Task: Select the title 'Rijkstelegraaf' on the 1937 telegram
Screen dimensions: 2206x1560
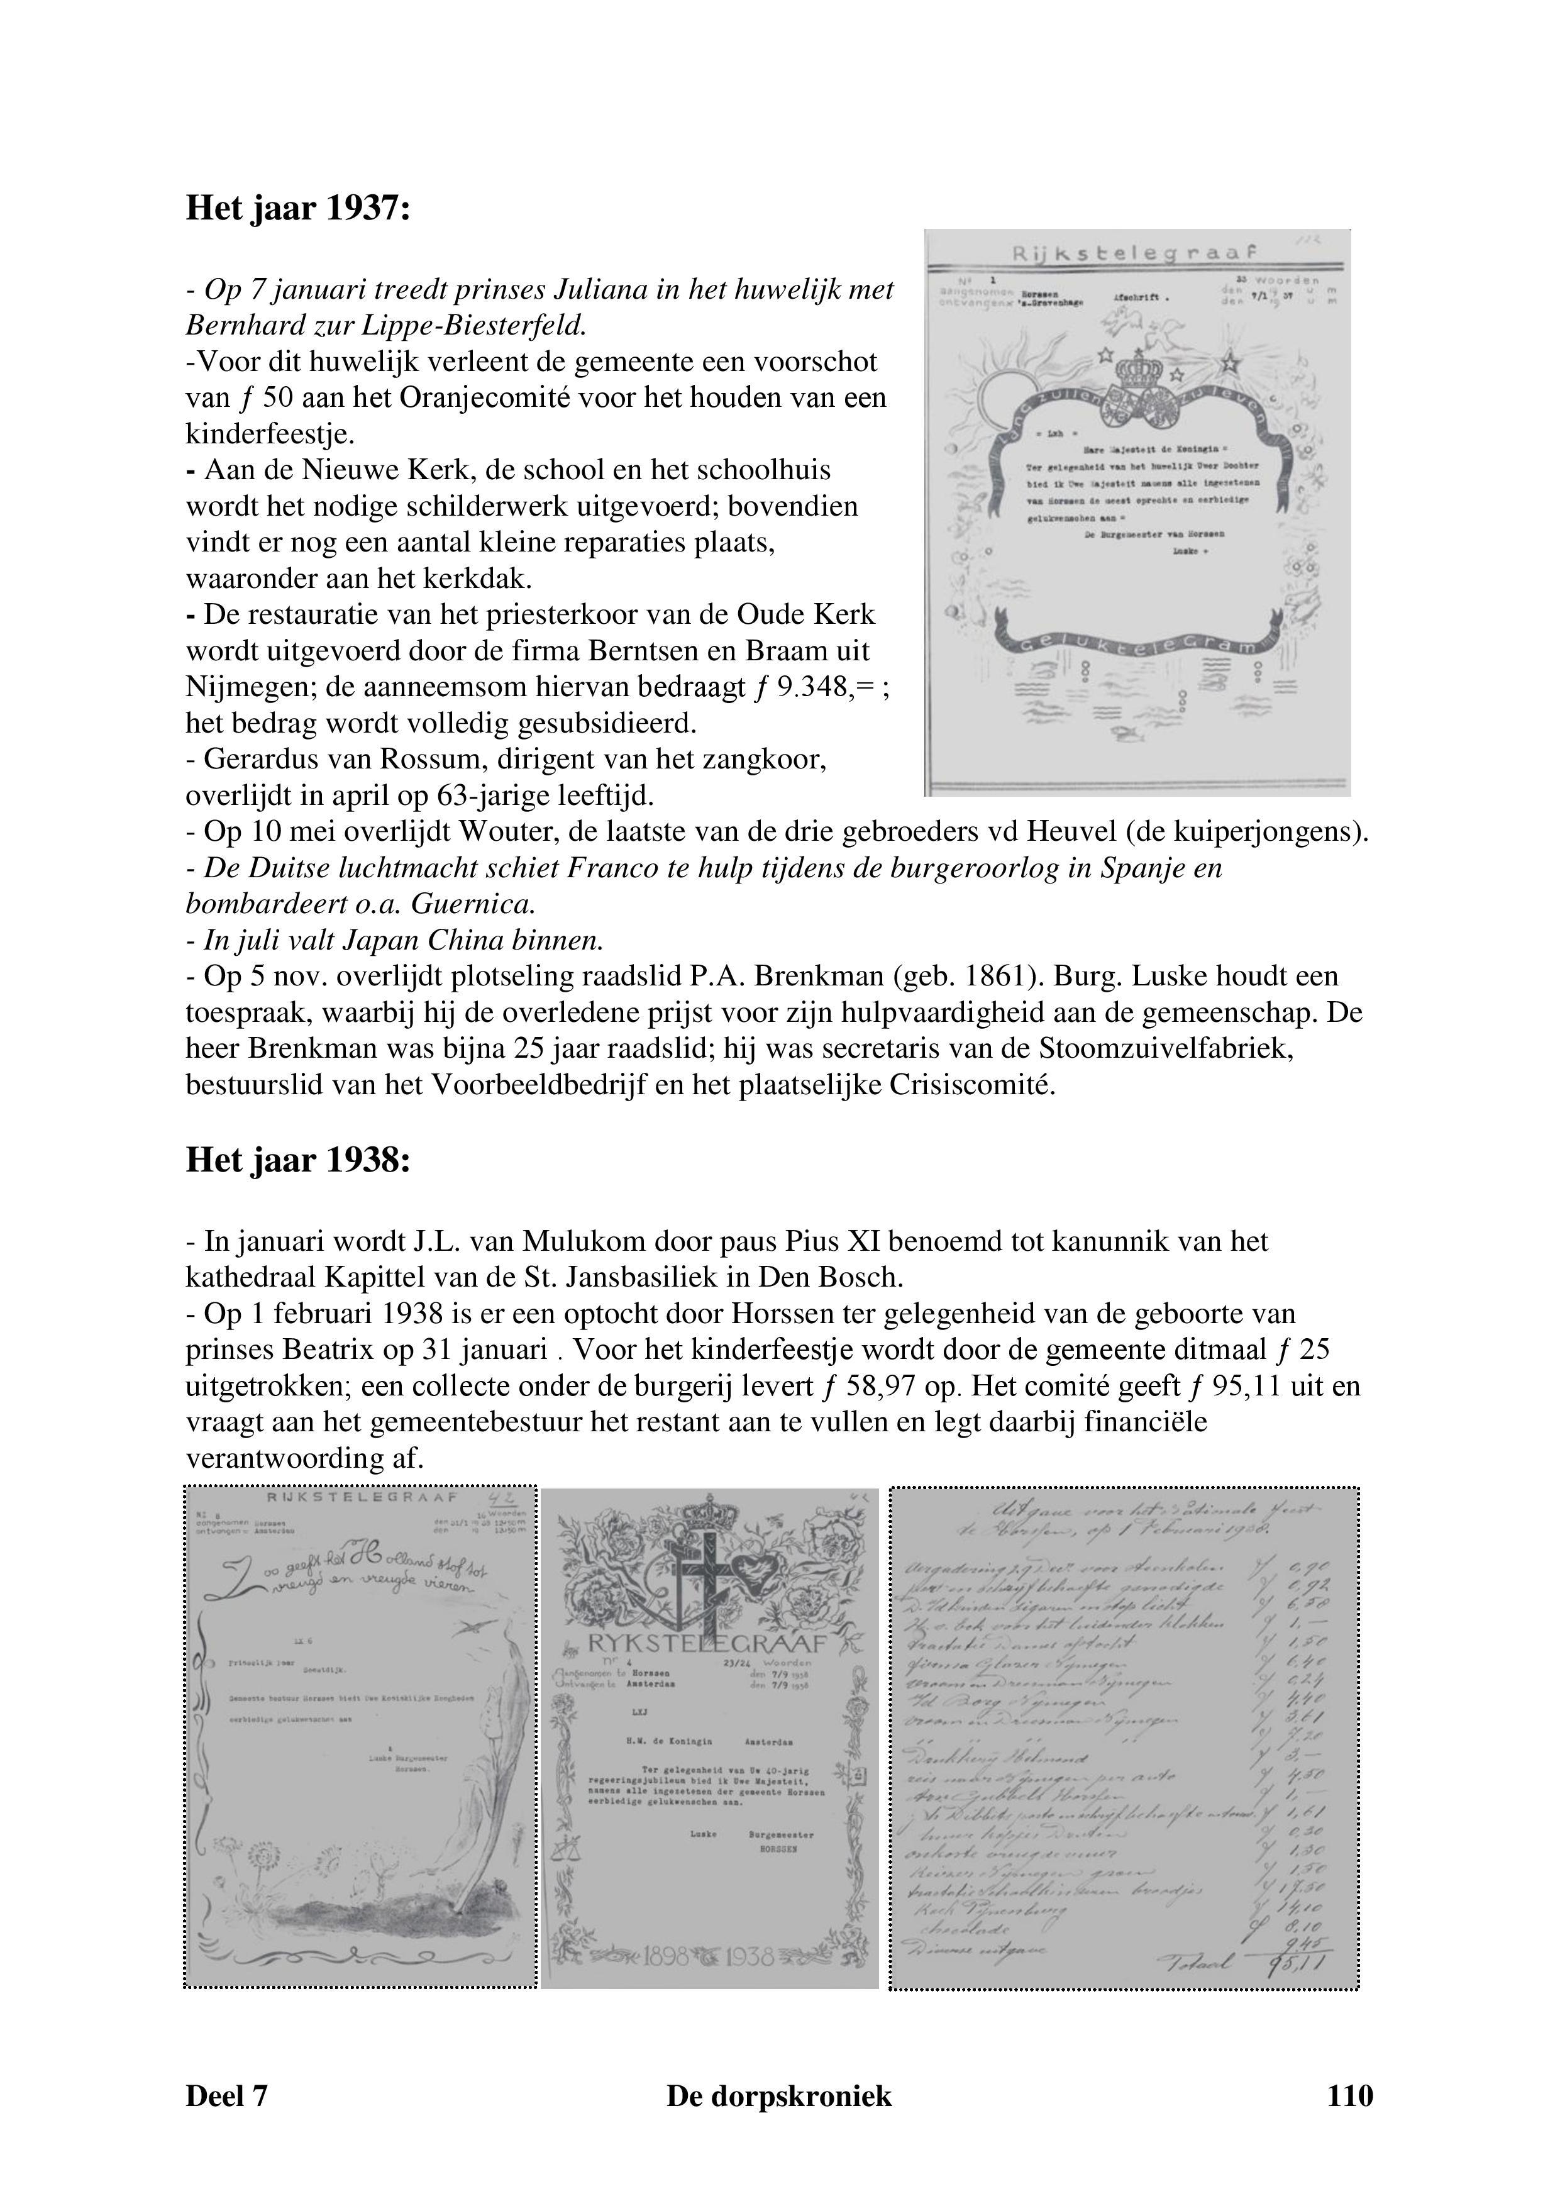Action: pyautogui.click(x=1134, y=253)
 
